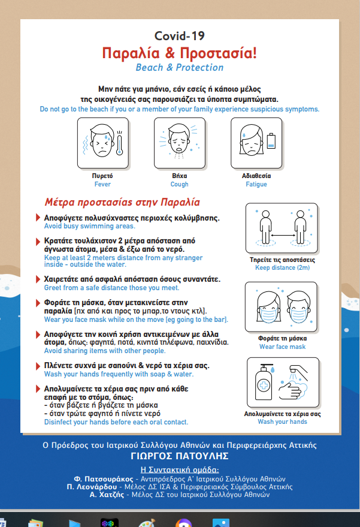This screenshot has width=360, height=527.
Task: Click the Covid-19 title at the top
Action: coord(179,36)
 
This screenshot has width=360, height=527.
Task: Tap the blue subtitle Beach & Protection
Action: coord(179,67)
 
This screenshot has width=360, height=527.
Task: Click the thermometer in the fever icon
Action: coord(119,143)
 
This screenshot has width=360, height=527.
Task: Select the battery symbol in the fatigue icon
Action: coord(271,141)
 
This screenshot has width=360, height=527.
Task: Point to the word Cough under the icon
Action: coord(179,184)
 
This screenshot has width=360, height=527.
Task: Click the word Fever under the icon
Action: coord(102,184)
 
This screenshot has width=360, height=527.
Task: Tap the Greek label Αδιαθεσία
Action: coord(256,176)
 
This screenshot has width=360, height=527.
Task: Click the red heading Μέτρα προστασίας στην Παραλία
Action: coord(122,202)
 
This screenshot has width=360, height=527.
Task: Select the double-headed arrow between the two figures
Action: coord(283,235)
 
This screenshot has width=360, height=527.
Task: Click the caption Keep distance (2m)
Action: coord(282,267)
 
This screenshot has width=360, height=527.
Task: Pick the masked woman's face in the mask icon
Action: coord(268,308)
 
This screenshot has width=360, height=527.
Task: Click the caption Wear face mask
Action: coord(282,347)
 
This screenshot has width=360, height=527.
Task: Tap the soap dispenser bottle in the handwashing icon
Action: coord(264,382)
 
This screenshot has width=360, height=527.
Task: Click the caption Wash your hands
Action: coord(282,421)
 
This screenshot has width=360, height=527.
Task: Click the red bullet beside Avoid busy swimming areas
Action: coord(38,218)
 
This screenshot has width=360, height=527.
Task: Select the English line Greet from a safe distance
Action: coord(111,288)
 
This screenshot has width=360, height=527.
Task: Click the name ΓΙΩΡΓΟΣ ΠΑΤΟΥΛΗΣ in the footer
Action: coord(179,456)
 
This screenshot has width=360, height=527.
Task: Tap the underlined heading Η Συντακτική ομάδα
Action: coord(179,469)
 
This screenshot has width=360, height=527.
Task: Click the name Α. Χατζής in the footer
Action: coord(107,495)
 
